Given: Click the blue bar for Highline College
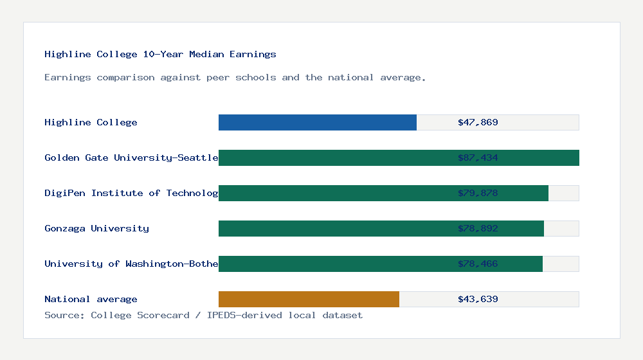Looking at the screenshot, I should tap(318, 122).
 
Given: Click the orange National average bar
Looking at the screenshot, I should tap(309, 299).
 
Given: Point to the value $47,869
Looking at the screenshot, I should tap(478, 122).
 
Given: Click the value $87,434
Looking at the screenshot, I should tap(478, 157).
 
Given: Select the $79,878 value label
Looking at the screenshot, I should tap(478, 193).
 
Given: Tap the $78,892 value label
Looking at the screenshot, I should tap(478, 228).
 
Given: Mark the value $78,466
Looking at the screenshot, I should tap(478, 264).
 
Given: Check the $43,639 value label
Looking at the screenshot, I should tap(478, 299).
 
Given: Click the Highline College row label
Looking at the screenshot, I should tap(91, 122).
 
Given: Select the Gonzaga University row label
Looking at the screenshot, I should tap(96, 228).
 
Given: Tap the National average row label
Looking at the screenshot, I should tap(91, 299).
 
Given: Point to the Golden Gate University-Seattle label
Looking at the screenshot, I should tap(131, 157).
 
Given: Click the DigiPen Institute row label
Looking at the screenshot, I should tap(131, 193).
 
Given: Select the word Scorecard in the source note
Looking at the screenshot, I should tap(163, 315).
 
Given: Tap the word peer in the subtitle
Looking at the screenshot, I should tap(218, 77).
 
